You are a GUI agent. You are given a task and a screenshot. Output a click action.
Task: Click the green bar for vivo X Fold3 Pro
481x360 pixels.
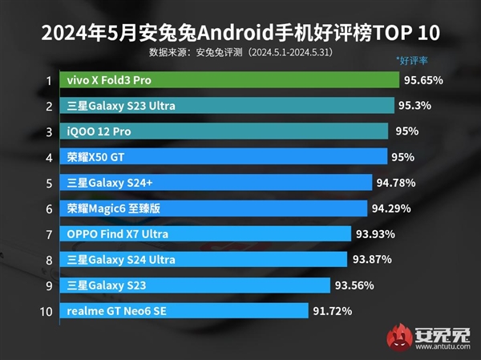point(228,80)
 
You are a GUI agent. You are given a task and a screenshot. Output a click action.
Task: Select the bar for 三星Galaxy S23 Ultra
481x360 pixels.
point(226,106)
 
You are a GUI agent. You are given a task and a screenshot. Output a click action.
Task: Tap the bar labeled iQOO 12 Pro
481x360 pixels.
point(224,131)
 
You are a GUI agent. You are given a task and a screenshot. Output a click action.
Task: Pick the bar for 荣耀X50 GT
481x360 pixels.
point(224,157)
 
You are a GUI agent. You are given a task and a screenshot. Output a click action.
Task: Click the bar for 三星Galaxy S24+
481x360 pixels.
point(216,183)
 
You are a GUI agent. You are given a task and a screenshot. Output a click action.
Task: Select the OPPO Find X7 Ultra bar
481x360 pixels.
point(205,234)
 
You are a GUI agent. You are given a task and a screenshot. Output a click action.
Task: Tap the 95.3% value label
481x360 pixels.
point(418,106)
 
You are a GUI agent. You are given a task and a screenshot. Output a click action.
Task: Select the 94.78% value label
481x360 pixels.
point(396,183)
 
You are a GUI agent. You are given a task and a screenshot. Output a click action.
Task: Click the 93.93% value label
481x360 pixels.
point(376,234)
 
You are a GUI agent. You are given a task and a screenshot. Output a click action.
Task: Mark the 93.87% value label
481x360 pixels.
point(372,260)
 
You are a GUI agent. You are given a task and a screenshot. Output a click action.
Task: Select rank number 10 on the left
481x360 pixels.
point(46,311)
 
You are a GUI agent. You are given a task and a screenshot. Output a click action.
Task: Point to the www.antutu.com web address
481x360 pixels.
point(443,347)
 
